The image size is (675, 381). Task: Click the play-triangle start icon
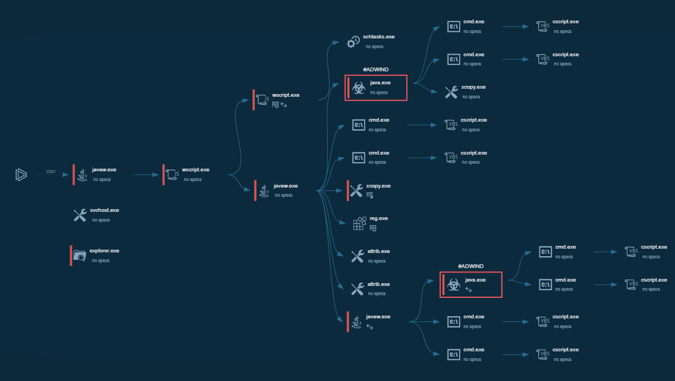coord(21,174)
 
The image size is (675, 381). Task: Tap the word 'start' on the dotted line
coord(51,171)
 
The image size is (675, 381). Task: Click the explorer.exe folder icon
coord(80,255)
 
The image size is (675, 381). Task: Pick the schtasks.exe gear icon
coord(353,42)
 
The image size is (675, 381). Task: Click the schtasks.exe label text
coord(379,37)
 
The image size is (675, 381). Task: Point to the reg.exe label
coord(379,218)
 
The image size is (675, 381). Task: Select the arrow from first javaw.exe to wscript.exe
coord(146,175)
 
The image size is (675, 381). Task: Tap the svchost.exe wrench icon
coord(80,215)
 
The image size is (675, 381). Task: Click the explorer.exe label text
coord(104,251)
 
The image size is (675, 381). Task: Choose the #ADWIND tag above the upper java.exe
coord(376,70)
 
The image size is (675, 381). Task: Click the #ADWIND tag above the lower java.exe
coord(471,266)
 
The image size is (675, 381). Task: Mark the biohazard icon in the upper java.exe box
coord(358,88)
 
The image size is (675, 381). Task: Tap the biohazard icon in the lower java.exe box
coord(453,285)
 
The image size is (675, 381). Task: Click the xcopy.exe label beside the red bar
coord(378,186)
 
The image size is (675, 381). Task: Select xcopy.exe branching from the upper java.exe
coord(473,87)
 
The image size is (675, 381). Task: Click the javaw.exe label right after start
coord(104,170)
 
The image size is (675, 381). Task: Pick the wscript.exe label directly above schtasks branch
coord(286,95)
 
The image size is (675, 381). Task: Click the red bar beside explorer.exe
coord(71,256)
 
